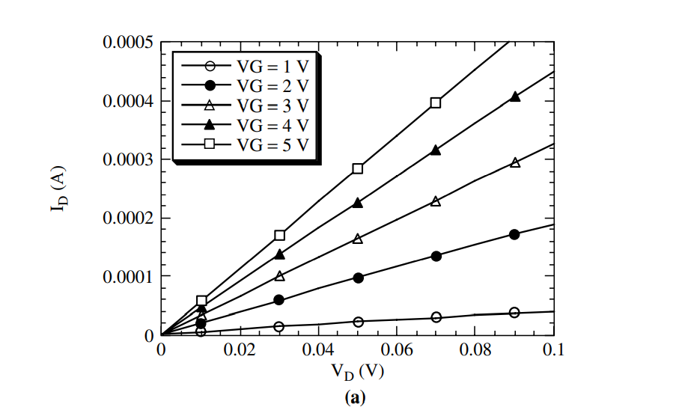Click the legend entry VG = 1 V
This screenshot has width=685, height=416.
247,63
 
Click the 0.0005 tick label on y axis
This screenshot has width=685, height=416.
129,43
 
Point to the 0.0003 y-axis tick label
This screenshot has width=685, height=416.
129,159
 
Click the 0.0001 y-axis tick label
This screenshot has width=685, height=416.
129,276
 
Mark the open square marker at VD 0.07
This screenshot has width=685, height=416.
436,103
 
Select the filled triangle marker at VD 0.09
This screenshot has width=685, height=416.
515,97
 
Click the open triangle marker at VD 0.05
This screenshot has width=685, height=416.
358,239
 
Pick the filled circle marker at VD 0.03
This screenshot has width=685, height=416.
279,300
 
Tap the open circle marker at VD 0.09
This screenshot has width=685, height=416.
514,312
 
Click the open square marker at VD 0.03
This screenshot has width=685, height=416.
279,236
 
